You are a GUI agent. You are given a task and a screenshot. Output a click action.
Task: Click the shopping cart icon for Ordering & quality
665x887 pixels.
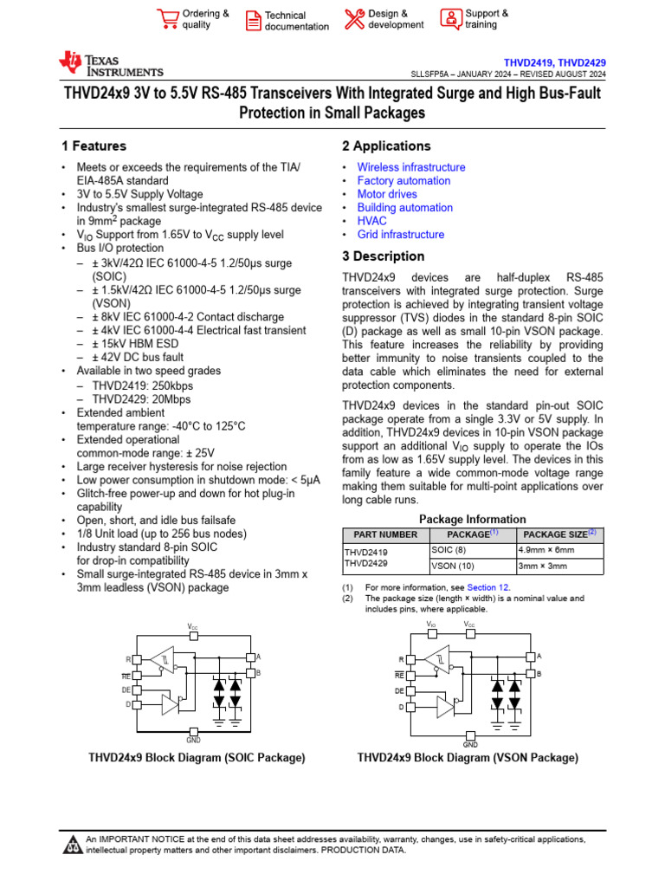point(167,18)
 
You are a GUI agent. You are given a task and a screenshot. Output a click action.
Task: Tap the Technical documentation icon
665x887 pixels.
point(253,20)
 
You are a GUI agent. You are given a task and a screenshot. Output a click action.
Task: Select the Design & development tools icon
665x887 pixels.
point(354,18)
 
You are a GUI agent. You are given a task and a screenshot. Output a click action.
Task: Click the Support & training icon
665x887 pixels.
point(451,18)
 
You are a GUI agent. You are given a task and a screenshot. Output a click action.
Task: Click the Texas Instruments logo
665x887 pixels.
point(110,64)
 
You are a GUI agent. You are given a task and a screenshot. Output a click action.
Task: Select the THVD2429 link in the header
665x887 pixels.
point(582,63)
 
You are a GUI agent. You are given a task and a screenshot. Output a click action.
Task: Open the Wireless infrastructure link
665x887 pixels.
point(411,167)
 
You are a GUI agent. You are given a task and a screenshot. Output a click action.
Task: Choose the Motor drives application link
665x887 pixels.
point(387,194)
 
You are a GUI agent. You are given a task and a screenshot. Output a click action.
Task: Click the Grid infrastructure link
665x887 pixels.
point(401,235)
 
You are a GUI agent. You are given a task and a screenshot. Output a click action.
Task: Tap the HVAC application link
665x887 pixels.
point(372,221)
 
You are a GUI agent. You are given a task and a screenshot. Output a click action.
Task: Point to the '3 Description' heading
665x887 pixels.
point(384,256)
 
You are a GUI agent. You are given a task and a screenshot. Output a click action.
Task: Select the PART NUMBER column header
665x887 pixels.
point(379,534)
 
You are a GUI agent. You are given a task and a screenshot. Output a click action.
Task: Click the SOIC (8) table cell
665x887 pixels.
point(449,550)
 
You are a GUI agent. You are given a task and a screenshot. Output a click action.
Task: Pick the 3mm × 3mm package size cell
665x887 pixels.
point(542,566)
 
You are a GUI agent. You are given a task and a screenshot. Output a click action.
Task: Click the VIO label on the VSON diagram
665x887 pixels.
point(431,624)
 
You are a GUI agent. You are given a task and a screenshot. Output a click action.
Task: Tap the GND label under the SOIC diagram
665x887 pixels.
point(193,740)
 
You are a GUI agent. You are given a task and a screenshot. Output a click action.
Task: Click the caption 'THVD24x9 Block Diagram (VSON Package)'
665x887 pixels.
point(468,758)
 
